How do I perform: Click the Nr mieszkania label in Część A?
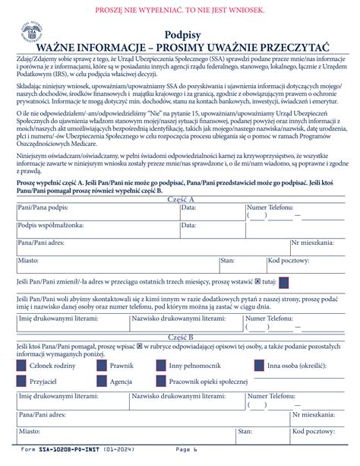312,243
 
